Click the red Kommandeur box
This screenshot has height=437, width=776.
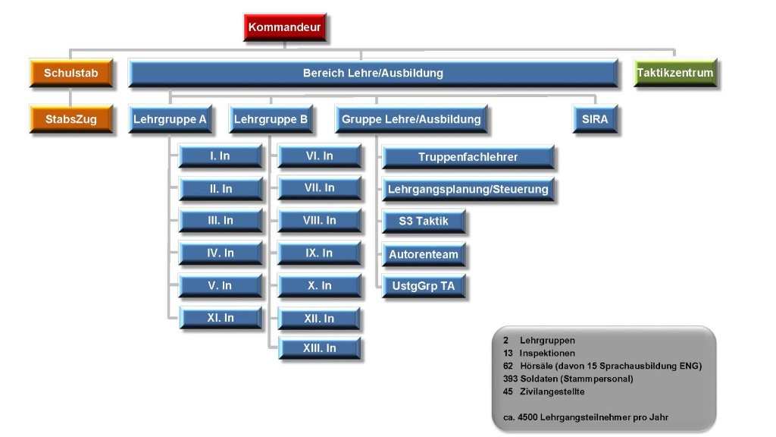tap(285, 27)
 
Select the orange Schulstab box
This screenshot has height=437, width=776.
tap(71, 73)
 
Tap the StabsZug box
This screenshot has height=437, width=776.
tap(71, 119)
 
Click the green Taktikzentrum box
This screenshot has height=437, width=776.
tap(675, 73)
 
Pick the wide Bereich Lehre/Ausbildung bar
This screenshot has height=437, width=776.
tap(373, 73)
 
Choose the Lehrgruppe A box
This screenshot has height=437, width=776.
tap(171, 119)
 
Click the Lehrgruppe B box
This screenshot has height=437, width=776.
tap(271, 119)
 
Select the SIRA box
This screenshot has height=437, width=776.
tap(595, 119)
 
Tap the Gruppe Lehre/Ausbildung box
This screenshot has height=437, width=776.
tap(411, 119)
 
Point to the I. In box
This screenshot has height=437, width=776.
tap(221, 156)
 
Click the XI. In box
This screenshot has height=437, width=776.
tap(221, 318)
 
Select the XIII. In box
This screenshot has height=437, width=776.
tap(320, 348)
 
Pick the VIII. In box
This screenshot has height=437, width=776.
tap(320, 221)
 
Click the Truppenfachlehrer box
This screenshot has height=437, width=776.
tap(468, 158)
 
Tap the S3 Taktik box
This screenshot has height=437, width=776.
tap(424, 222)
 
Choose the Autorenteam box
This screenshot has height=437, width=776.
tap(424, 255)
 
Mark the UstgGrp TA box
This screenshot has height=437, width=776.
tap(424, 286)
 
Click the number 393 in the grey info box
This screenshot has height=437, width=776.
tap(510, 379)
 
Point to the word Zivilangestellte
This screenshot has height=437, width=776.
tap(552, 392)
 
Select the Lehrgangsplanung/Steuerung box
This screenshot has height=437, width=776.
tap(468, 189)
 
